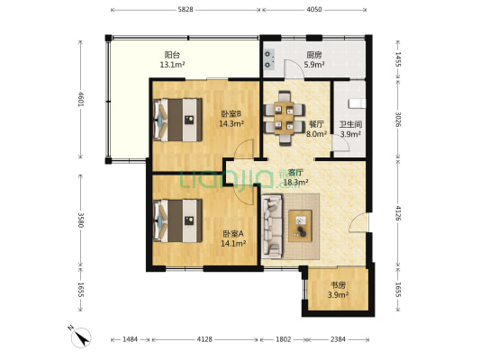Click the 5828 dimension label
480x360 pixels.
186,10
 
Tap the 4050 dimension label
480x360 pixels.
314,10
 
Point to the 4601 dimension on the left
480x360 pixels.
81,99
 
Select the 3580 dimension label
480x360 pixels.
81,220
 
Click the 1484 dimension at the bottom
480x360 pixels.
130,339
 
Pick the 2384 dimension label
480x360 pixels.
338,339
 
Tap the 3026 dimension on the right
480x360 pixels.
398,119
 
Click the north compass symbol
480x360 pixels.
80,337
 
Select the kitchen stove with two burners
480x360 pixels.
268,59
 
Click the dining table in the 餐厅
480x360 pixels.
284,118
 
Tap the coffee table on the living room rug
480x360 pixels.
300,226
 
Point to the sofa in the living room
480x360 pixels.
272,225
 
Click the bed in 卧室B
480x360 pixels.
177,120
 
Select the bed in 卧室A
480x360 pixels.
177,220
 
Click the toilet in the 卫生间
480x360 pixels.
357,103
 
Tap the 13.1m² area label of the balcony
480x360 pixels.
172,65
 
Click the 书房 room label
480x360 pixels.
338,285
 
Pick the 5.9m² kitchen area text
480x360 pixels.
314,65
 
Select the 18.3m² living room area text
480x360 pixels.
295,183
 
